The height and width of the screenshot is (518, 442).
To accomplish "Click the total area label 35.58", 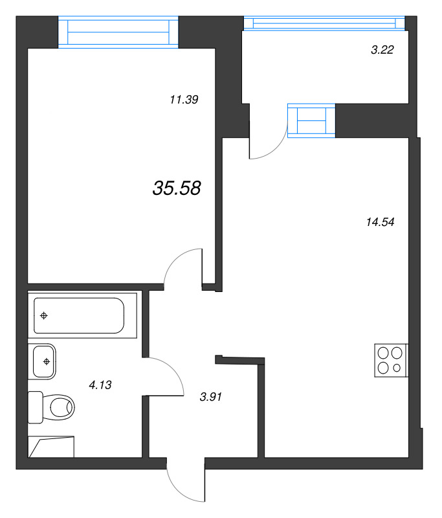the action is tap(177, 188).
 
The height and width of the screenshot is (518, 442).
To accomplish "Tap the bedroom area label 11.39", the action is tap(184, 100).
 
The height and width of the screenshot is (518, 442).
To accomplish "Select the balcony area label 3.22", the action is tap(382, 50).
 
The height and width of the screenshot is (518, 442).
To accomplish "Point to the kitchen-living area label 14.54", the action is tap(381, 221).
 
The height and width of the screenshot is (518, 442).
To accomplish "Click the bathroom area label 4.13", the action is tap(100, 385).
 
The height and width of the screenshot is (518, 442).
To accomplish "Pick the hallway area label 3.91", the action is tap(210, 397).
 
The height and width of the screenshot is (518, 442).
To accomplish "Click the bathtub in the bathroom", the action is tap(82, 315).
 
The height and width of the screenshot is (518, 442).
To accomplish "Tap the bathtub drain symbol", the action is tap(43, 316).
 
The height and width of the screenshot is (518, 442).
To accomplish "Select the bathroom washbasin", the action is tap(42, 361).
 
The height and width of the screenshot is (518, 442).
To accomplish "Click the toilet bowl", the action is tap(59, 407).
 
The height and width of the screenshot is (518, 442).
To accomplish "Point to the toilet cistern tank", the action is tap(36, 407).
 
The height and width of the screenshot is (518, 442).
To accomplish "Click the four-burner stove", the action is tap(391, 361).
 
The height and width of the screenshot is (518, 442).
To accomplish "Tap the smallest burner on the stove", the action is tap(397, 368).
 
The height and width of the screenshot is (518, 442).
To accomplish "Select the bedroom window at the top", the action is tap(118, 32).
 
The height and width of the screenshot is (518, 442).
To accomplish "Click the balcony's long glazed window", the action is tap(324, 23).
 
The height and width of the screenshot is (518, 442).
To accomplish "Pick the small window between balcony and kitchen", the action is tap(311, 120).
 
